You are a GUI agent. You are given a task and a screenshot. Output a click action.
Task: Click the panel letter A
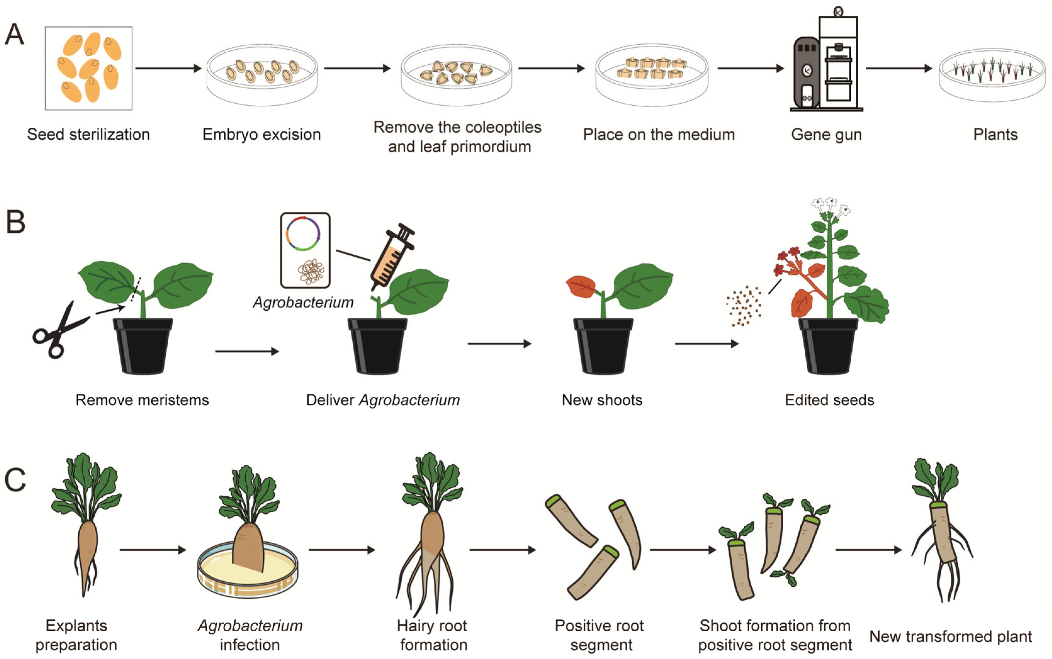14,35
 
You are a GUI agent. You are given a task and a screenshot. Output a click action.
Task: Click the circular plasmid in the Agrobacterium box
304,234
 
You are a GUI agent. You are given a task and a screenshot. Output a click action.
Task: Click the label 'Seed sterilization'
88,134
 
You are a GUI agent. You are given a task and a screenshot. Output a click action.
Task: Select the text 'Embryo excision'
261,134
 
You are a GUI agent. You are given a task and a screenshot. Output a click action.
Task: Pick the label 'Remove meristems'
142,400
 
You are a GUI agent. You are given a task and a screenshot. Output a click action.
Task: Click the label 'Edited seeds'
829,400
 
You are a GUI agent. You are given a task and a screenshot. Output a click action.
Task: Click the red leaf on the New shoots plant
581,286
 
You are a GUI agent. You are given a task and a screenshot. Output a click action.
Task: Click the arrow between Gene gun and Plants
898,69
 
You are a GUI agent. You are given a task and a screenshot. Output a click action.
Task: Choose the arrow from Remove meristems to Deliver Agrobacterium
247,351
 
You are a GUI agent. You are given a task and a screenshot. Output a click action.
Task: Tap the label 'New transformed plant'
950,636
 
